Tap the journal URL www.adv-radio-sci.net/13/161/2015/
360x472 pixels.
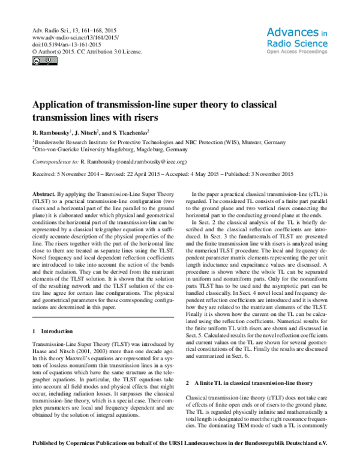(72, 37)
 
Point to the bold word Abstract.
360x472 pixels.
(43, 195)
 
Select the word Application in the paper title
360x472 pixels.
(61, 104)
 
